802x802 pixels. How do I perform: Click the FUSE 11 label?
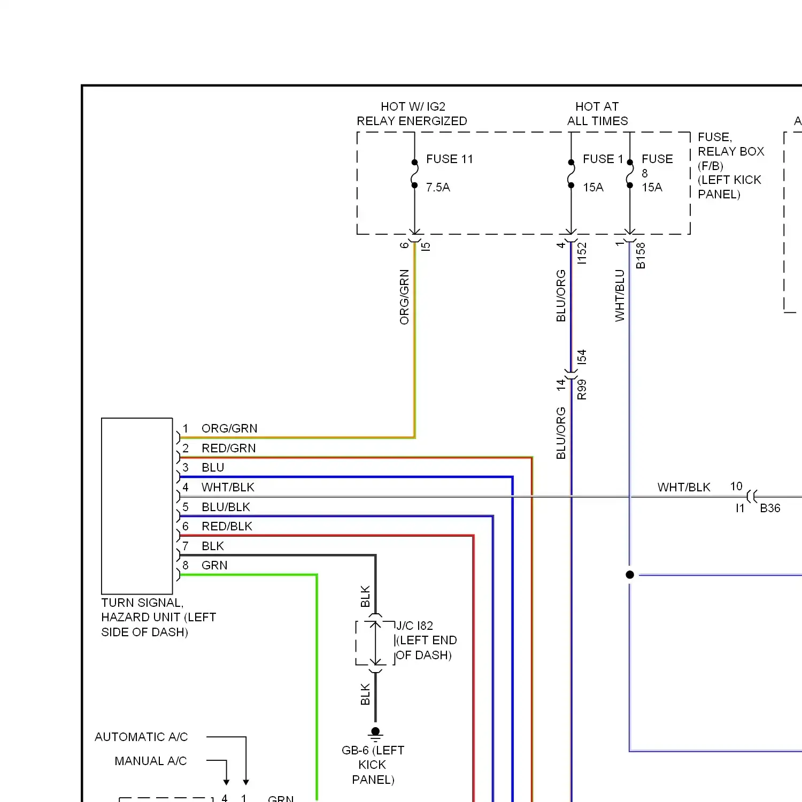click(449, 159)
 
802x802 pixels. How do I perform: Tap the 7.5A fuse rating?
click(438, 187)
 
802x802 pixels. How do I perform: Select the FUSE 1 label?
click(603, 159)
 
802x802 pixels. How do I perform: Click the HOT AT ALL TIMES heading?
click(597, 114)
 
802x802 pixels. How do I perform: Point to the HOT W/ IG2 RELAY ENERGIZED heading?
click(412, 114)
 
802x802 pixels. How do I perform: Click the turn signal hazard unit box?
click(137, 506)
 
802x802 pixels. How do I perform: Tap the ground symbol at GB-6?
click(375, 734)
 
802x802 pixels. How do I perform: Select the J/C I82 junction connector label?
click(414, 626)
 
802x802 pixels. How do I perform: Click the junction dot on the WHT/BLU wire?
click(630, 575)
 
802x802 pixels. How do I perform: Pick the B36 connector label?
click(770, 508)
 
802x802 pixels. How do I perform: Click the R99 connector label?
click(582, 389)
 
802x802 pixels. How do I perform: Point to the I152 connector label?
click(582, 253)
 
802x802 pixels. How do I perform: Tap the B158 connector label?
click(641, 256)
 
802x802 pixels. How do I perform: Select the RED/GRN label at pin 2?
click(228, 448)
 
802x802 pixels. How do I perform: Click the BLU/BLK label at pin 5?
click(226, 507)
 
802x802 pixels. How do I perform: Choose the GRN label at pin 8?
click(214, 565)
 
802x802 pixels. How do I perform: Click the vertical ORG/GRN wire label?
click(404, 297)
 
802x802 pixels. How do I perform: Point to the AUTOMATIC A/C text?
click(141, 737)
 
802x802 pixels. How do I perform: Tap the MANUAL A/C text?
click(151, 761)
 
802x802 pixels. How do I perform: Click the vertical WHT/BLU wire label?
click(620, 295)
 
